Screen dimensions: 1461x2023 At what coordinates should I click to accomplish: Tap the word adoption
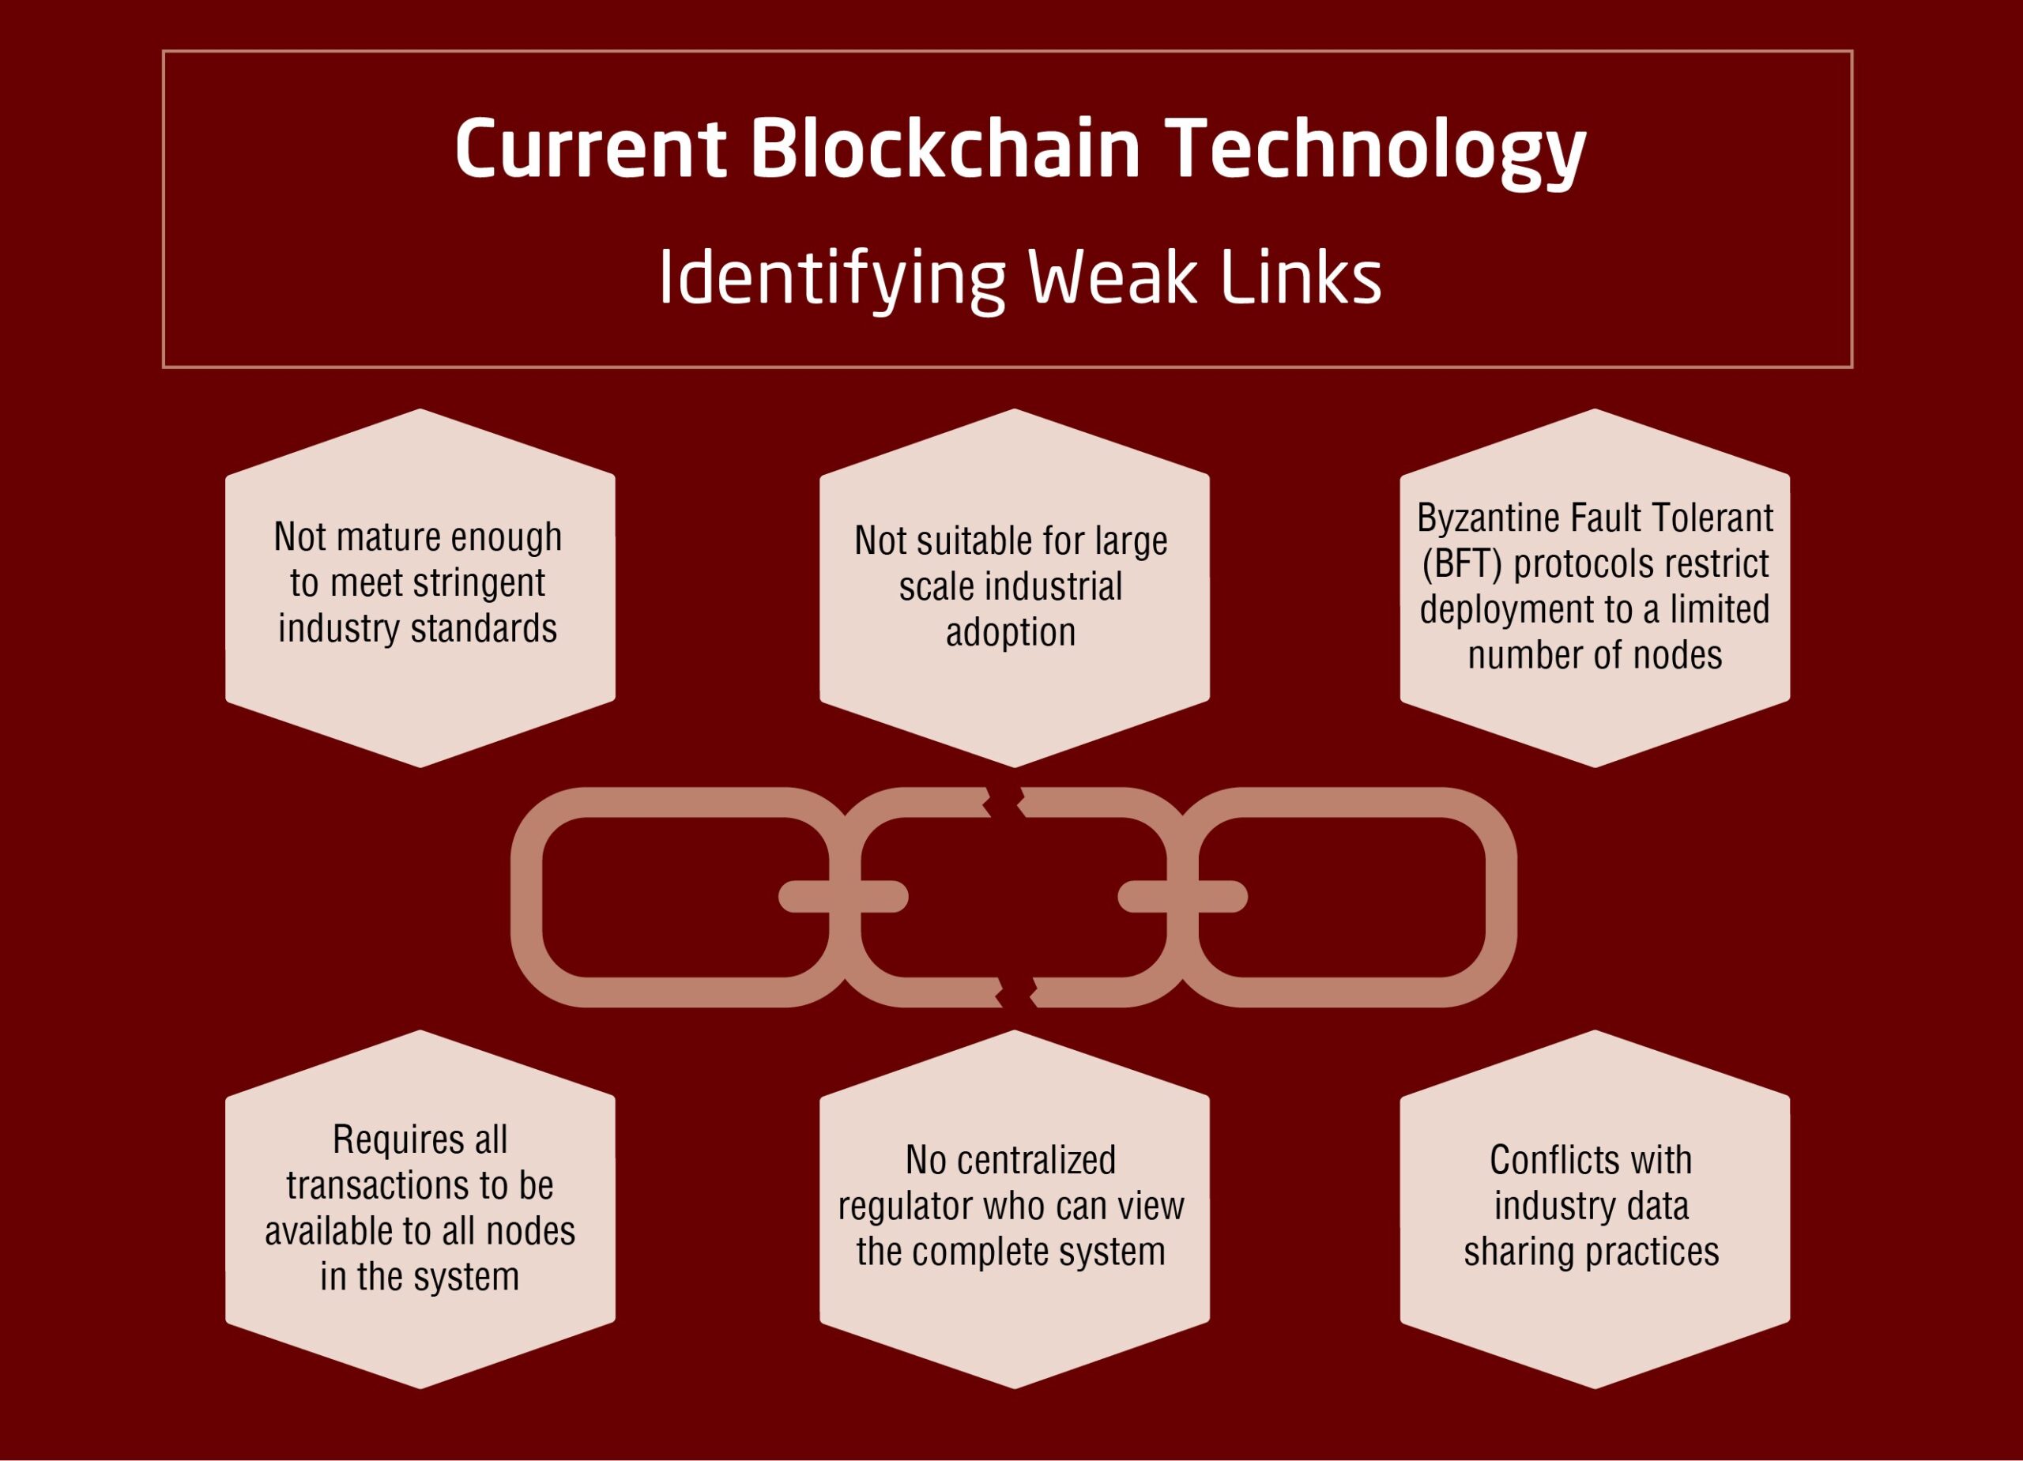(1011, 632)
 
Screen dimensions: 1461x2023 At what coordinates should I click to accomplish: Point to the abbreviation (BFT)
(1462, 563)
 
